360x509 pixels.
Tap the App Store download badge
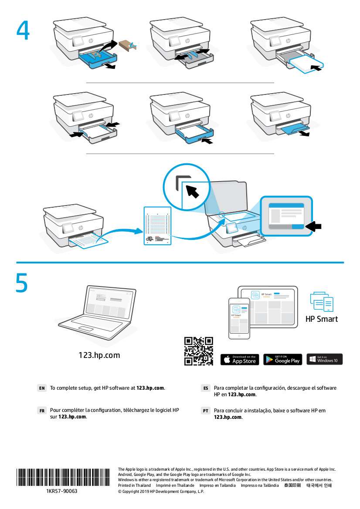tap(239, 359)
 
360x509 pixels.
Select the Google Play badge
tap(282, 359)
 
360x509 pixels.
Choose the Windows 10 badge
tap(324, 359)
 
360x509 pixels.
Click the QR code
tap(198, 351)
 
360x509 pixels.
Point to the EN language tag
tap(42, 388)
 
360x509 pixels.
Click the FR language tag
tap(42, 411)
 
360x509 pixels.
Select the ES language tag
tap(206, 388)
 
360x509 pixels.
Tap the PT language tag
tap(206, 411)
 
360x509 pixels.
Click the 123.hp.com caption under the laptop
tap(99, 355)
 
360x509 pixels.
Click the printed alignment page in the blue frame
tap(157, 226)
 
